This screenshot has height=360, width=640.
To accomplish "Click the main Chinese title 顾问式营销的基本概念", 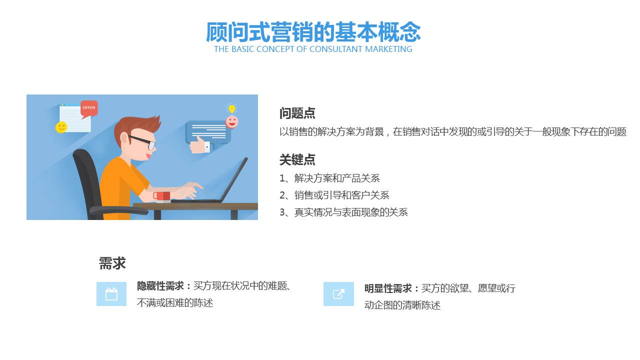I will pyautogui.click(x=313, y=32).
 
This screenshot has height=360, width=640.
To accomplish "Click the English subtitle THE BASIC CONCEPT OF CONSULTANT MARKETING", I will pyautogui.click(x=313, y=49).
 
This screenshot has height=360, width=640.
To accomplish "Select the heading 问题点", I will pyautogui.click(x=297, y=113).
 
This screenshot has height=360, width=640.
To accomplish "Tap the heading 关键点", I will pyautogui.click(x=297, y=160).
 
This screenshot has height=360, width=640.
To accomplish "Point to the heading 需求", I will pyautogui.click(x=112, y=263).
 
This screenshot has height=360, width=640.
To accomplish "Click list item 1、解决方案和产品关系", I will pyautogui.click(x=329, y=178).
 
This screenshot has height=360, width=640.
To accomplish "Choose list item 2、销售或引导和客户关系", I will pyautogui.click(x=334, y=195).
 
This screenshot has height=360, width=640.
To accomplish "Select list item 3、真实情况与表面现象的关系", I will pyautogui.click(x=343, y=212).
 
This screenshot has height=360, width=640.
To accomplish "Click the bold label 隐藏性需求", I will pyautogui.click(x=161, y=286).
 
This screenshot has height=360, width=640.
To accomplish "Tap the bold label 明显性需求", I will pyautogui.click(x=388, y=288).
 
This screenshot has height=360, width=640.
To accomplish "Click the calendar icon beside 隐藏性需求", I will pyautogui.click(x=111, y=294).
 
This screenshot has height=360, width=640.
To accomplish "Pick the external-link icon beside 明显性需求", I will pyautogui.click(x=338, y=294).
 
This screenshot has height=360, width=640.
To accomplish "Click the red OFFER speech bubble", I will pyautogui.click(x=89, y=108).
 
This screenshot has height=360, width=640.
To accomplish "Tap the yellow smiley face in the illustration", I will pyautogui.click(x=61, y=127).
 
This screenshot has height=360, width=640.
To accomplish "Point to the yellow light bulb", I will pyautogui.click(x=231, y=108).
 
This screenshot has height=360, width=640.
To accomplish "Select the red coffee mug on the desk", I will pyautogui.click(x=161, y=195).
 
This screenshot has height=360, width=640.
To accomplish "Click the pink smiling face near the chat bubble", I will pyautogui.click(x=231, y=121).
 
